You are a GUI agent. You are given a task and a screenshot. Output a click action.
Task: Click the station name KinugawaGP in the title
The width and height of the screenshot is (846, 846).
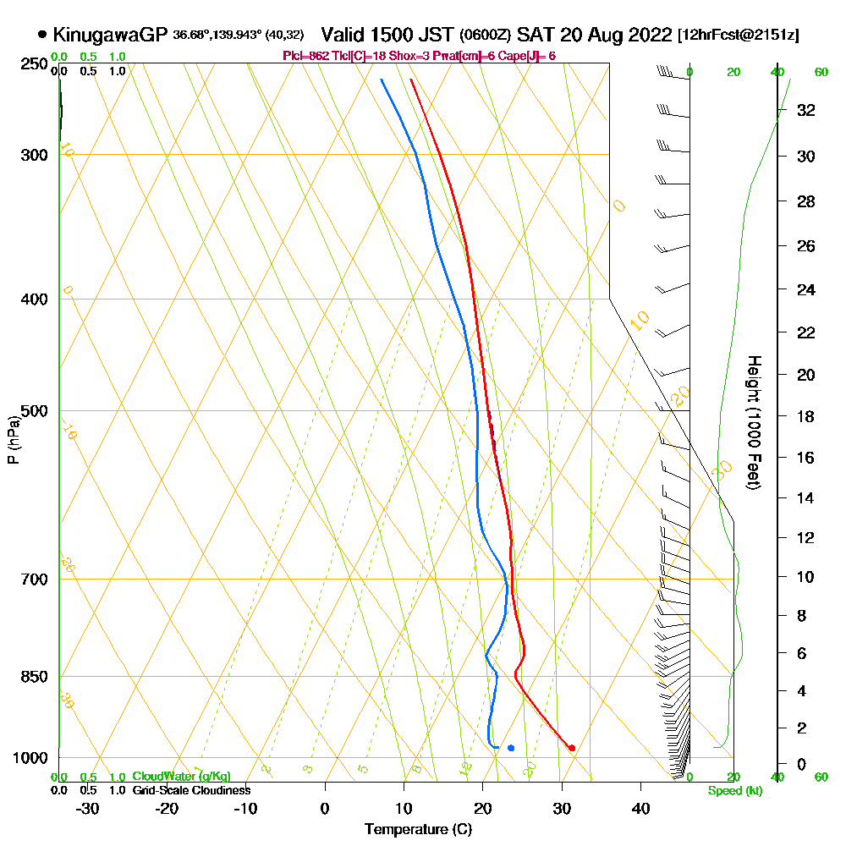click(110, 35)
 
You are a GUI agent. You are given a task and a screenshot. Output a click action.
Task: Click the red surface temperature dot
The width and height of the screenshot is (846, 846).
click(573, 748)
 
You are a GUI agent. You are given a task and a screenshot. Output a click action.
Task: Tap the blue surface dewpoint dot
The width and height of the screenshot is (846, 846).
click(511, 748)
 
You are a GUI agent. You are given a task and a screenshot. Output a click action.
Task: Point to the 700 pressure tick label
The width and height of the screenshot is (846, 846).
click(33, 580)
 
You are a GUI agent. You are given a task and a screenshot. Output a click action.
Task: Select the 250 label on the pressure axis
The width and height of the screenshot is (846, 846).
click(33, 64)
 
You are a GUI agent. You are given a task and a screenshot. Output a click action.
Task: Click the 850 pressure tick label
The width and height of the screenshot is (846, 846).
click(33, 677)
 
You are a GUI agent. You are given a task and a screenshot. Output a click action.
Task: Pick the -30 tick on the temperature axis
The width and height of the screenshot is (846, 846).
click(88, 809)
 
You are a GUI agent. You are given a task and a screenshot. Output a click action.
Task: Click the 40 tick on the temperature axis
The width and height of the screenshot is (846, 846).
click(641, 809)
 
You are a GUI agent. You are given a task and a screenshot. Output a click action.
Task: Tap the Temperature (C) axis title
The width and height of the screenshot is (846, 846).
click(418, 830)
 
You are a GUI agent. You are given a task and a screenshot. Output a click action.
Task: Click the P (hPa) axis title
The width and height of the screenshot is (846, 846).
click(13, 440)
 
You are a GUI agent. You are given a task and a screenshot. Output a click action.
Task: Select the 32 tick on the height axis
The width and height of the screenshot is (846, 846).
click(805, 110)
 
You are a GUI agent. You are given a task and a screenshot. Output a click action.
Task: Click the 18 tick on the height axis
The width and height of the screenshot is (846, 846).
click(805, 416)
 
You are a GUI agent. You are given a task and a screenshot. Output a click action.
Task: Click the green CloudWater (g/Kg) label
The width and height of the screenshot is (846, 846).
click(181, 777)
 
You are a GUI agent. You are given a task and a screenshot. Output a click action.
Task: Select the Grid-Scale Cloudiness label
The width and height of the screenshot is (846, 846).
click(190, 790)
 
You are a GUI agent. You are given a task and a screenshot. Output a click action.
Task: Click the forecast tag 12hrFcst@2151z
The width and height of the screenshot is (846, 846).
click(739, 36)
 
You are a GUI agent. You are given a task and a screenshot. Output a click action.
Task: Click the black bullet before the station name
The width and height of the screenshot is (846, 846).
click(42, 35)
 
